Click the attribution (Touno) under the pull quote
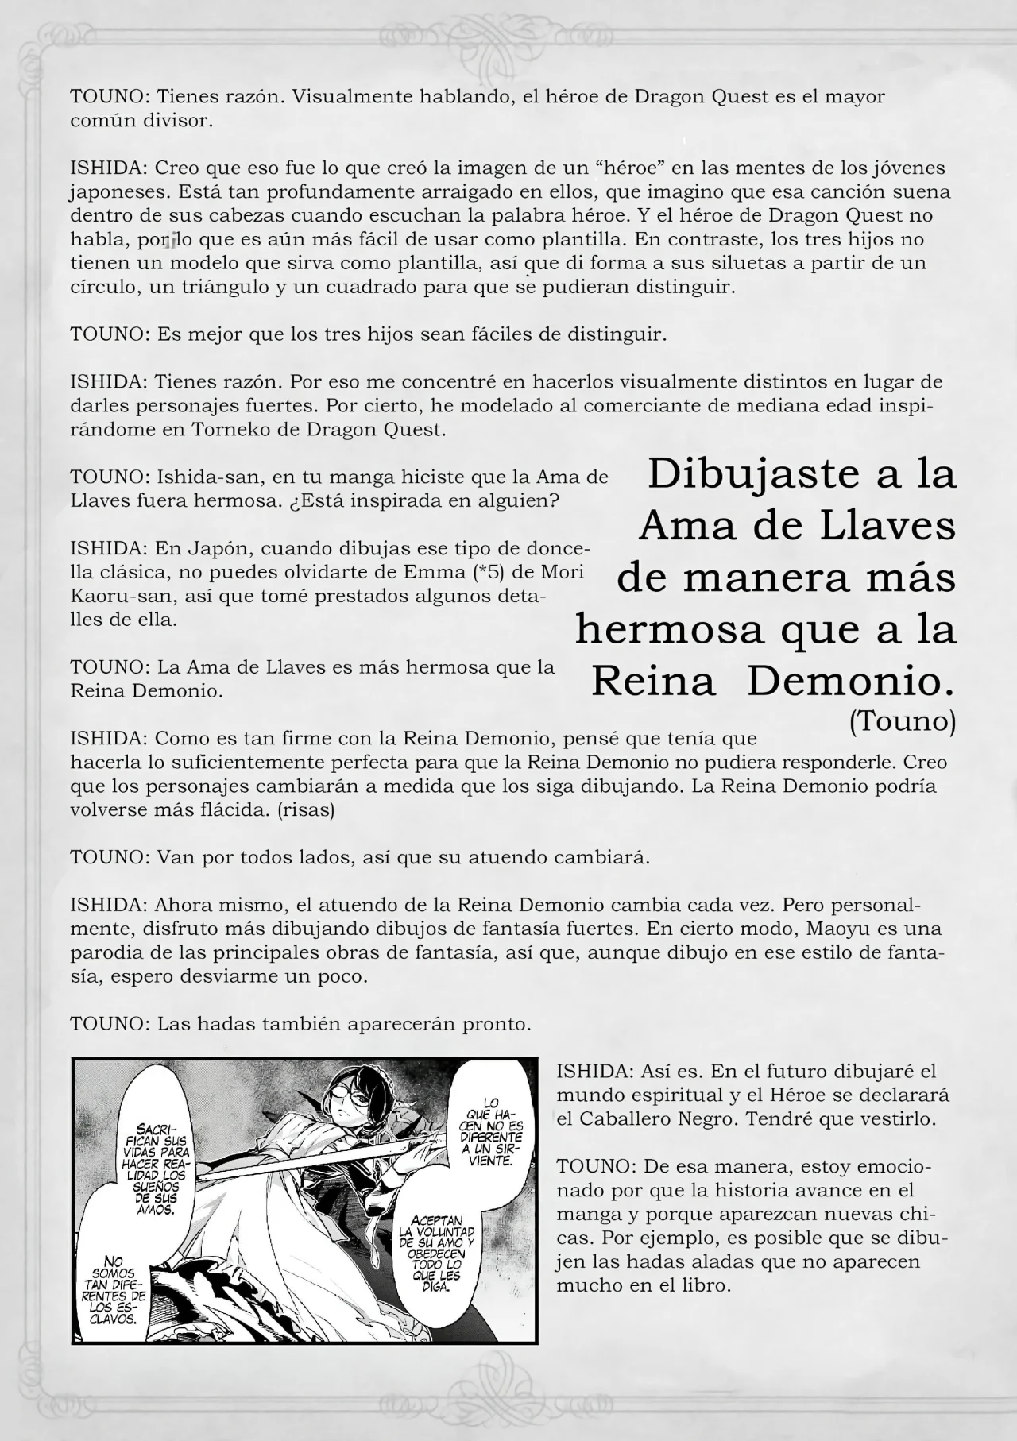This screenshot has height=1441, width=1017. (x=903, y=722)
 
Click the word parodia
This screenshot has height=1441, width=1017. (x=109, y=952)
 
